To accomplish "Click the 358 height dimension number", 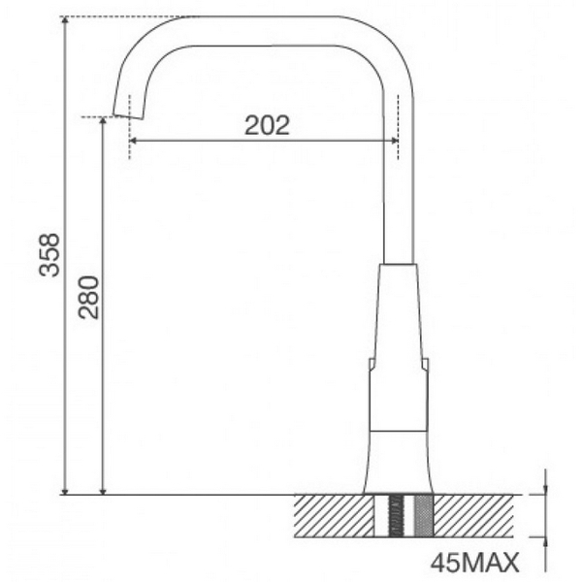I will tap(48, 254).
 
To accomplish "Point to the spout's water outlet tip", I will tap(124, 113).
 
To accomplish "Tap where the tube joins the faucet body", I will tap(400, 263).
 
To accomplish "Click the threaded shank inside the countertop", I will tap(397, 514).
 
